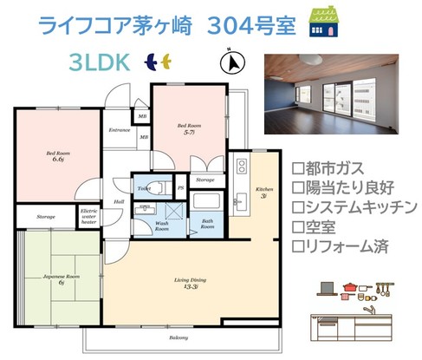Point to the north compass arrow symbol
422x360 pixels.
230,62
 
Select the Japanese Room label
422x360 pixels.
55,279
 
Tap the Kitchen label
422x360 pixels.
263,191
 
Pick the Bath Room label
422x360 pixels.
209,224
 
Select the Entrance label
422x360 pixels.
119,130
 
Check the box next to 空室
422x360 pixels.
299,227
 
